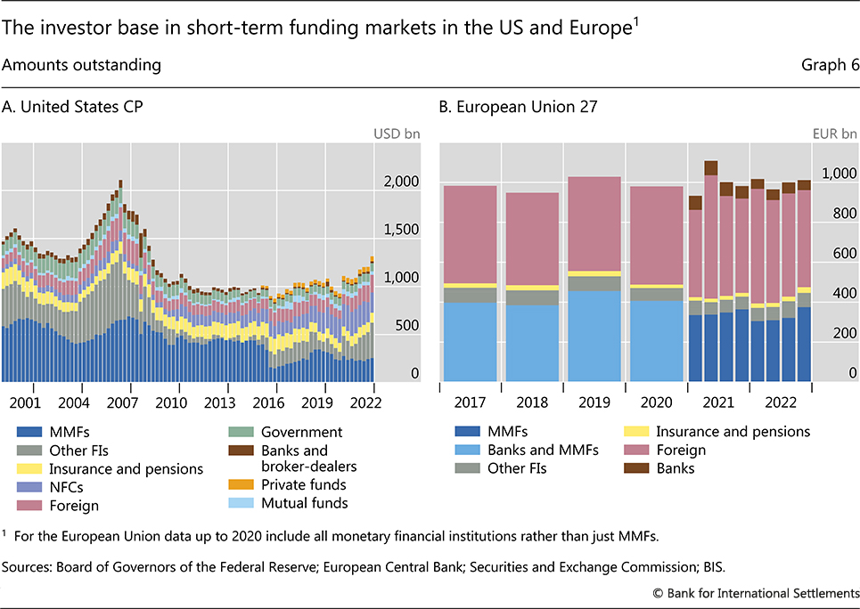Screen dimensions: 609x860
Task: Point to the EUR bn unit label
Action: (837, 134)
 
